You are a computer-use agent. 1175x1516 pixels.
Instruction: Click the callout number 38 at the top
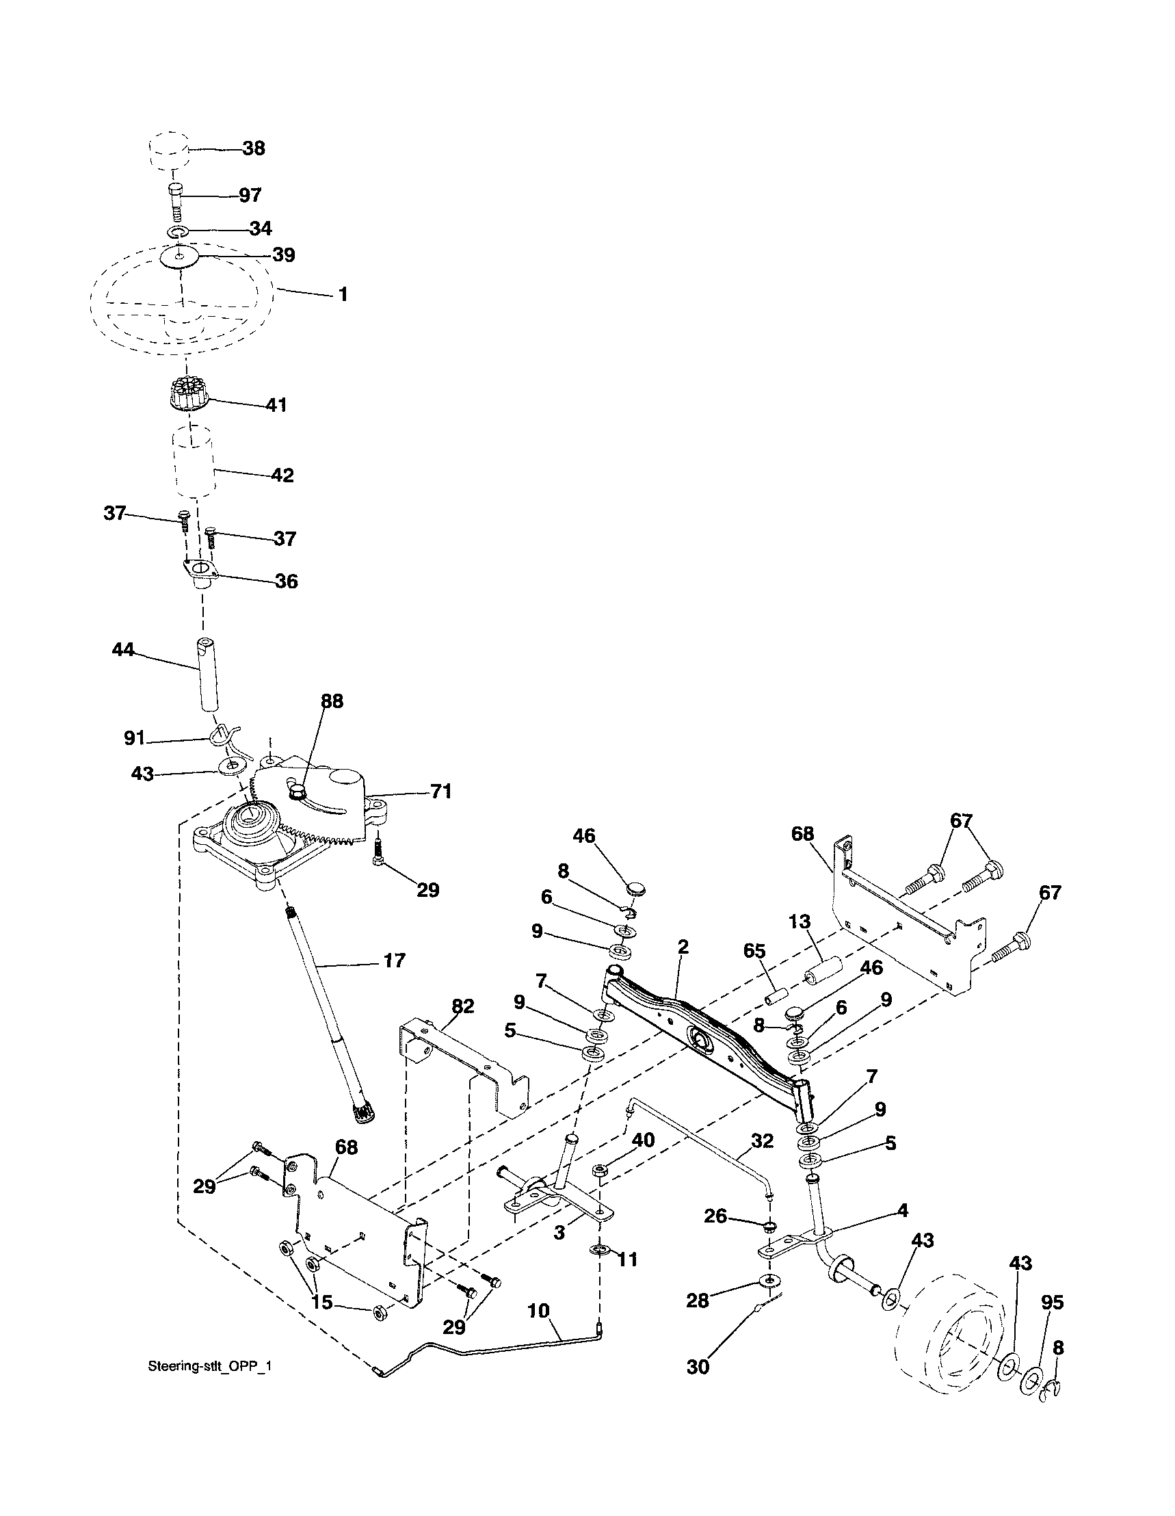click(x=253, y=148)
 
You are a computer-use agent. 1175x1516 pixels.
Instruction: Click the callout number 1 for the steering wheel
click(x=342, y=294)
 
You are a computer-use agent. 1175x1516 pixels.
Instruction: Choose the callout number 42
click(x=282, y=475)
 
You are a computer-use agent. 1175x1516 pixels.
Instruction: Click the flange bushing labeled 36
click(x=202, y=574)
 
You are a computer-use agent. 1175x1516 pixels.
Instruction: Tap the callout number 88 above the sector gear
click(x=332, y=701)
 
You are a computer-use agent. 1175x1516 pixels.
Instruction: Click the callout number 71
click(x=440, y=792)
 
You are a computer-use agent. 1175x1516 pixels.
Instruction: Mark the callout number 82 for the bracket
click(x=462, y=1006)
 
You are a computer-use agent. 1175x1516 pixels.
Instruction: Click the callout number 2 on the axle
click(x=683, y=946)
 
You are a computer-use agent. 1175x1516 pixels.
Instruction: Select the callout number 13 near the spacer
click(x=800, y=922)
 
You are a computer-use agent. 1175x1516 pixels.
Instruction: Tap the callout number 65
click(x=754, y=952)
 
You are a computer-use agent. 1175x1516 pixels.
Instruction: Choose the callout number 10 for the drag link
click(x=538, y=1311)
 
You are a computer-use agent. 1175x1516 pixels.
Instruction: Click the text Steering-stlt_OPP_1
click(x=210, y=1366)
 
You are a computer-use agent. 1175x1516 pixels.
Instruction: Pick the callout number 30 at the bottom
click(x=698, y=1366)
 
